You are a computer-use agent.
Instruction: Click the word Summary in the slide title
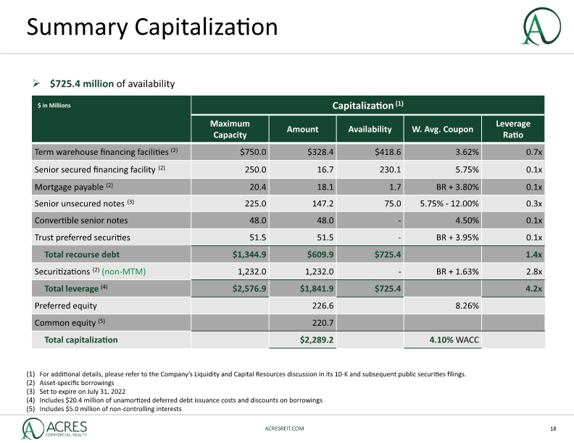pyautogui.click(x=77, y=28)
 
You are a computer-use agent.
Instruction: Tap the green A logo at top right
pyautogui.click(x=541, y=26)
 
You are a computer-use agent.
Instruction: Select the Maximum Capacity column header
pyautogui.click(x=230, y=129)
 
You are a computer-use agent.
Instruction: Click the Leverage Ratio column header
pyautogui.click(x=513, y=129)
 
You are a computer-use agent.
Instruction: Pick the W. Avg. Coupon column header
pyautogui.click(x=442, y=129)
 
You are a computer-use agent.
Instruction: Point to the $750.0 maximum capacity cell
pyautogui.click(x=253, y=152)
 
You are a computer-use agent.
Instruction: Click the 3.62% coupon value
pyautogui.click(x=467, y=152)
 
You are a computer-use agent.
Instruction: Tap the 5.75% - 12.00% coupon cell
pyautogui.click(x=449, y=203)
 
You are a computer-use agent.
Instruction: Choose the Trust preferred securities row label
pyautogui.click(x=83, y=237)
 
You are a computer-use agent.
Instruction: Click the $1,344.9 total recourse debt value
pyautogui.click(x=249, y=254)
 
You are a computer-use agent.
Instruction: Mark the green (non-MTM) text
pyautogui.click(x=124, y=271)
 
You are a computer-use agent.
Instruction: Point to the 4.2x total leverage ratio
pyautogui.click(x=533, y=288)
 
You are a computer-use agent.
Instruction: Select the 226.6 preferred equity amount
pyautogui.click(x=323, y=305)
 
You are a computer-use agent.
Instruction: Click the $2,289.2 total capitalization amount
pyautogui.click(x=316, y=340)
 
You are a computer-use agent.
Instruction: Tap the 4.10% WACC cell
pyautogui.click(x=454, y=340)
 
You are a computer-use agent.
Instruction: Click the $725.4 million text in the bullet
pyautogui.click(x=82, y=84)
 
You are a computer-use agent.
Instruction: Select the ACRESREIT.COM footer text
pyautogui.click(x=284, y=429)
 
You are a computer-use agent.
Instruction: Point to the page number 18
pyautogui.click(x=553, y=429)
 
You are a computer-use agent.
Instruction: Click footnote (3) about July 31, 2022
pyautogui.click(x=76, y=391)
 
